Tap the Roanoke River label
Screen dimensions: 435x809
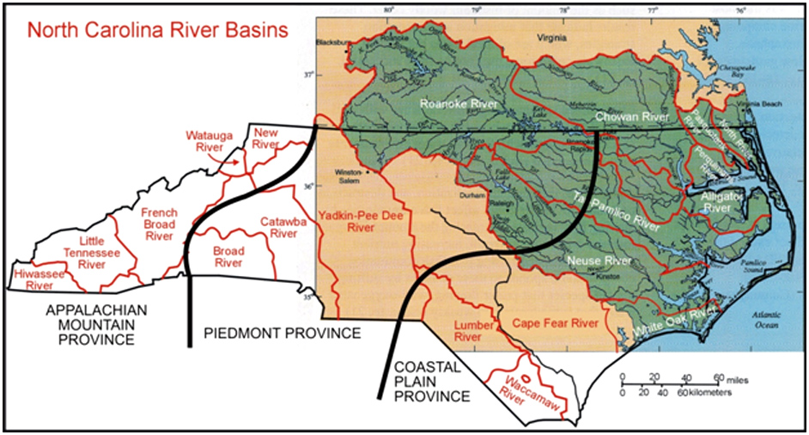tap(454, 105)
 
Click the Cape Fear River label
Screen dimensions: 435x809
tap(554, 323)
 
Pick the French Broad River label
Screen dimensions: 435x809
tap(159, 224)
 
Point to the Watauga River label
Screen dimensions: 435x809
tap(204, 141)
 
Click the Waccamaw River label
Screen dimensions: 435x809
tap(521, 390)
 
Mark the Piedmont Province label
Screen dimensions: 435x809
tap(281, 333)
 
